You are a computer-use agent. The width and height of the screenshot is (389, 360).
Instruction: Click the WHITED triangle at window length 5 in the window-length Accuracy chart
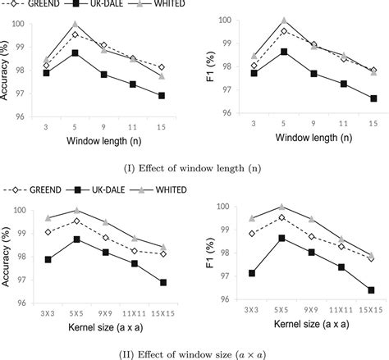(76, 25)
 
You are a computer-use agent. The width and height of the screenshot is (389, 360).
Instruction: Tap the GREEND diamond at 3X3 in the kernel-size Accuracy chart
(49, 232)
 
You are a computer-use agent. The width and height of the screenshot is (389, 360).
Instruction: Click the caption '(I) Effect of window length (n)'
(194, 168)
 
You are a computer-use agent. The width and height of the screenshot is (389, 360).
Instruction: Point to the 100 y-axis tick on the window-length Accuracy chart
(26, 24)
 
